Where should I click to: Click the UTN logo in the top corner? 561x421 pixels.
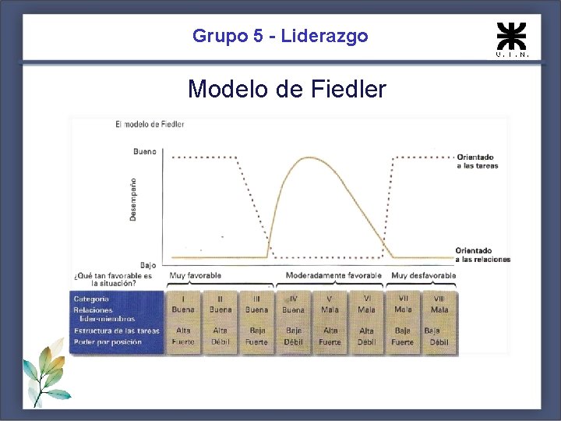pos(512,38)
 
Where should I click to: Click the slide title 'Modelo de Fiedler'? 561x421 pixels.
pos(287,90)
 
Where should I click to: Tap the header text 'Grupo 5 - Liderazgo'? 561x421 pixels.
pos(280,36)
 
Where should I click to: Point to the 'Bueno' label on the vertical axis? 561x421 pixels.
pos(144,151)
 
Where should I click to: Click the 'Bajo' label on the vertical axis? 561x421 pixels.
pos(147,265)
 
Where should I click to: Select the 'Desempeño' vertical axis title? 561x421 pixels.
pos(133,199)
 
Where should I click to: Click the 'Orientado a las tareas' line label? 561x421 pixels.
pos(477,161)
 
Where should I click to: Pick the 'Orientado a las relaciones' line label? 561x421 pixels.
pos(482,255)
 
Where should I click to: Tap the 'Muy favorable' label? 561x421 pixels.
pos(195,275)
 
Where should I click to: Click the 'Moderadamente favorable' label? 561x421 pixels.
pos(333,275)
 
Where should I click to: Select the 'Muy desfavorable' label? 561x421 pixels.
pos(423,275)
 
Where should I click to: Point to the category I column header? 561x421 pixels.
pos(183,299)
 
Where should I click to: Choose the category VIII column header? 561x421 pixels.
pos(439,299)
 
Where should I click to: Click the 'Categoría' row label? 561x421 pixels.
pos(91,299)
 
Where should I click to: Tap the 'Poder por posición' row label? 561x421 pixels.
pos(108,341)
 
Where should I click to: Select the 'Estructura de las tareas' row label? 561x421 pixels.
pos(116,331)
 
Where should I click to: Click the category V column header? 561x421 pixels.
pos(330,299)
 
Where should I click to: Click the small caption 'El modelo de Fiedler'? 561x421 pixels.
pos(150,124)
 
